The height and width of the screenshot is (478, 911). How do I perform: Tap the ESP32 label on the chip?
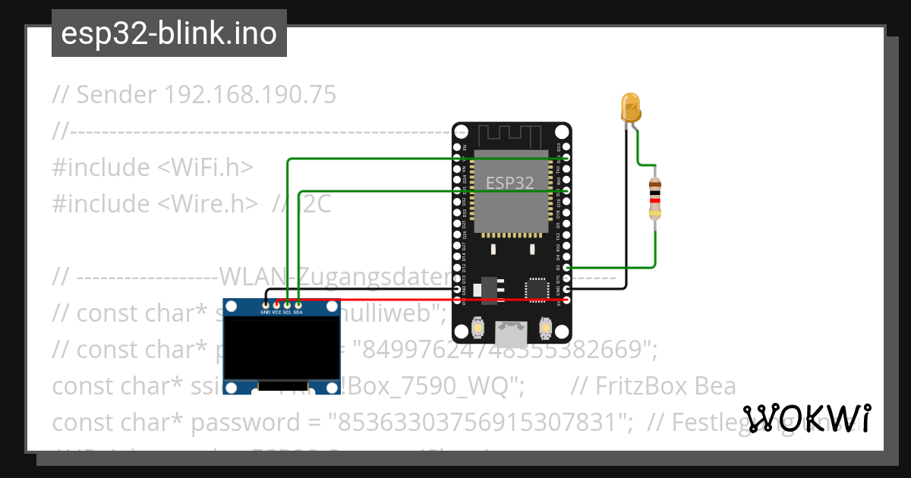[x=509, y=183]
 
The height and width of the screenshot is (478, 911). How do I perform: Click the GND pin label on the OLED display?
[x=266, y=312]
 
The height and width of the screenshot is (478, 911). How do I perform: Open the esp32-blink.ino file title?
[x=169, y=34]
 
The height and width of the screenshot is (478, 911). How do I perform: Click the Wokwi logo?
[x=806, y=418]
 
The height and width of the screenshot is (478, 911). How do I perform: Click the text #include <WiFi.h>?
[x=153, y=168]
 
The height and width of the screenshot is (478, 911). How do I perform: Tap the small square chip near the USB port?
[x=537, y=289]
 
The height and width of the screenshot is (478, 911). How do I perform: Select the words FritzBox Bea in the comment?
[x=653, y=386]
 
